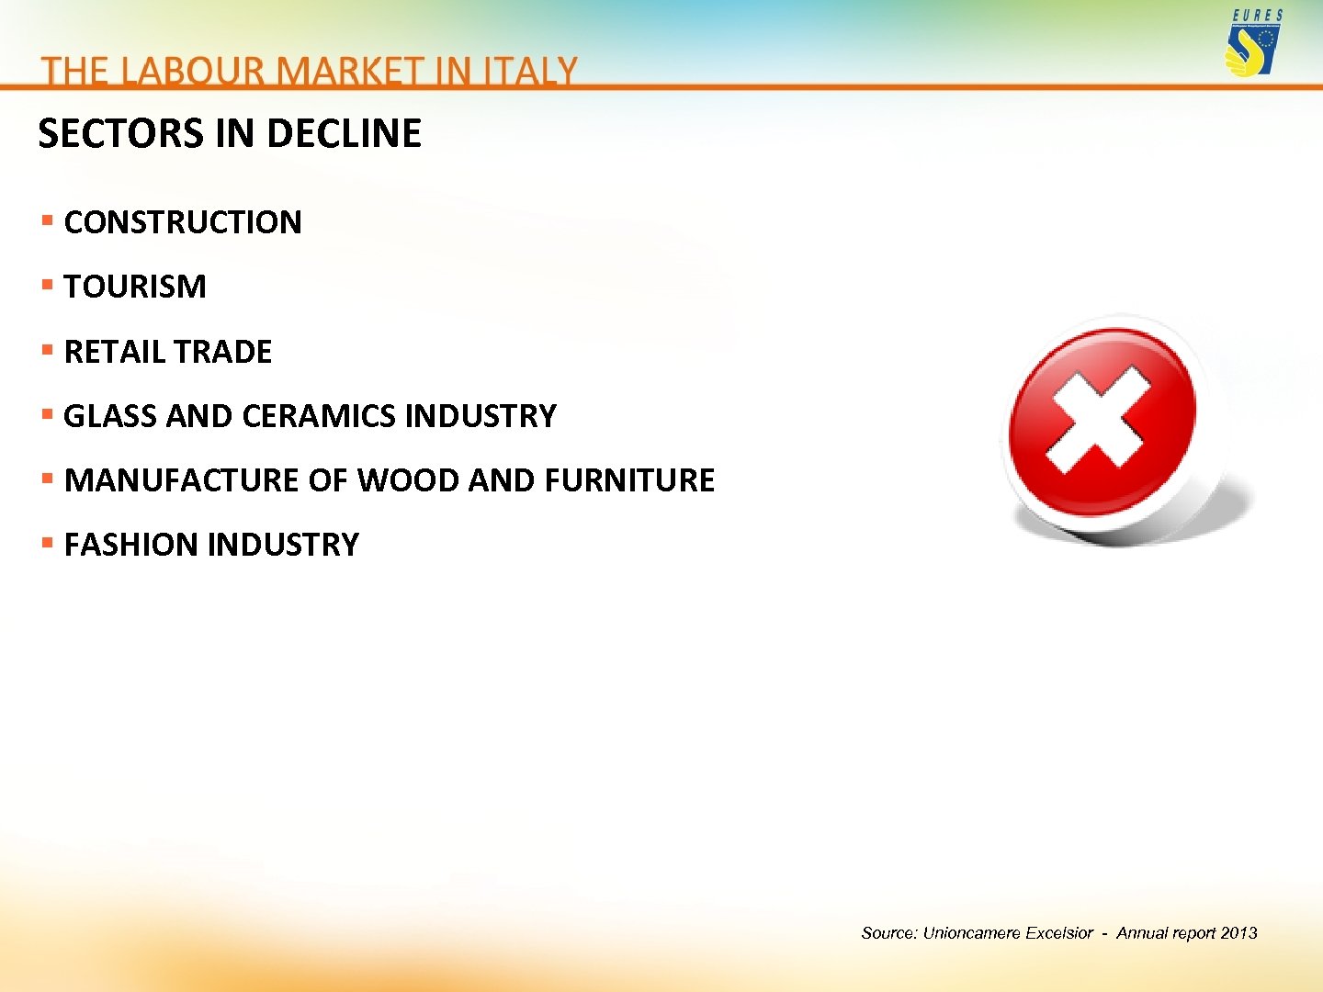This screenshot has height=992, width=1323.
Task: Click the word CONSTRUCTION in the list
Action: [183, 222]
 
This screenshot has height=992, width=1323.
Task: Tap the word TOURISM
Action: [135, 287]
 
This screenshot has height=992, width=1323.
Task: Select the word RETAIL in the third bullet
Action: [113, 352]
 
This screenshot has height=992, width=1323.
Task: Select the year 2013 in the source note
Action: [1238, 933]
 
